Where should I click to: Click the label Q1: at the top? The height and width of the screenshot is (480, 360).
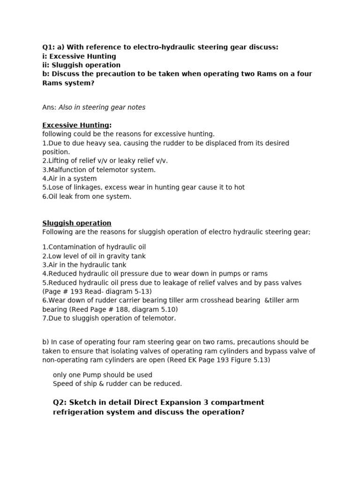pyautogui.click(x=49, y=47)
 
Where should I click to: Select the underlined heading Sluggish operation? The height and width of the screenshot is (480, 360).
pyautogui.click(x=77, y=223)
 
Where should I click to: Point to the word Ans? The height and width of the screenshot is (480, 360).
pyautogui.click(x=49, y=107)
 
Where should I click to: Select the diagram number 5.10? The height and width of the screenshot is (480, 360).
pyautogui.click(x=167, y=309)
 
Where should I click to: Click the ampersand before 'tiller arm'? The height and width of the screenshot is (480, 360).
pyautogui.click(x=267, y=300)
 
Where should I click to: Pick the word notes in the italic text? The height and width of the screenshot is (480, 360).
pyautogui.click(x=136, y=107)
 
